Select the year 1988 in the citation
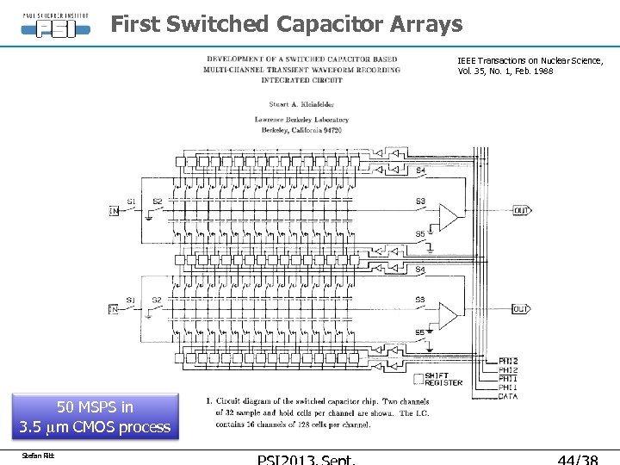(x=542, y=71)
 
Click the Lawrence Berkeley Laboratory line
(x=301, y=120)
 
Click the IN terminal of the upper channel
(x=113, y=210)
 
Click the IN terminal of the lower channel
(x=113, y=309)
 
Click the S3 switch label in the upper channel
(x=420, y=201)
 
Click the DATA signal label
(x=509, y=396)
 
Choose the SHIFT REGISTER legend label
(x=443, y=380)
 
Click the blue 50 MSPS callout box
(x=95, y=417)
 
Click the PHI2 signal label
(x=509, y=362)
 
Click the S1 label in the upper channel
(x=131, y=201)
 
